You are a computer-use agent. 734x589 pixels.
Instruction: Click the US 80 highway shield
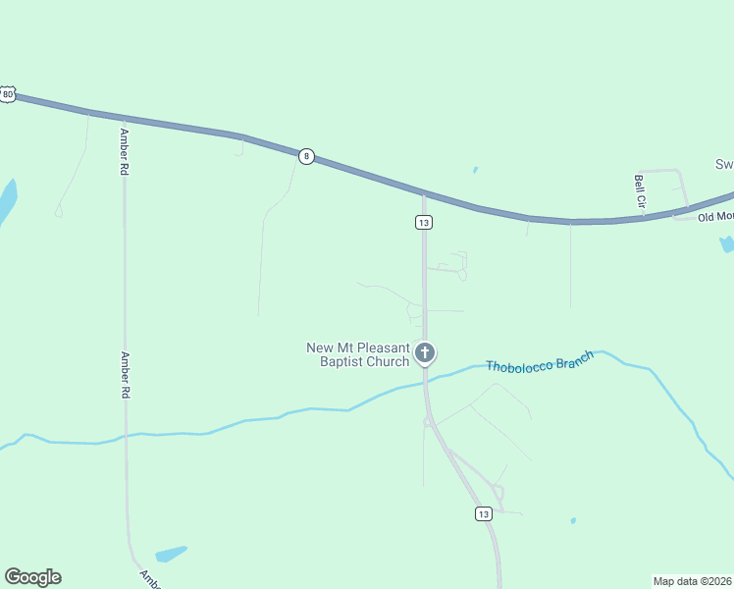pyautogui.click(x=7, y=94)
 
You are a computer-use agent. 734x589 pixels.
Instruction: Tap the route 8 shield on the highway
pyautogui.click(x=306, y=156)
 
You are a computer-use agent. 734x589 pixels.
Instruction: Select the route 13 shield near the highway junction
pyautogui.click(x=423, y=223)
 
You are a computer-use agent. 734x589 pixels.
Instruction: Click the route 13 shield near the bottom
pyautogui.click(x=482, y=513)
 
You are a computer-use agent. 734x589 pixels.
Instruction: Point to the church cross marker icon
pyautogui.click(x=425, y=351)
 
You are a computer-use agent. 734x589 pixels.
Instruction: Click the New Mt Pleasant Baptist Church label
pyautogui.click(x=357, y=354)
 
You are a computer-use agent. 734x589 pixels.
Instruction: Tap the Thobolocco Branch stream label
pyautogui.click(x=540, y=362)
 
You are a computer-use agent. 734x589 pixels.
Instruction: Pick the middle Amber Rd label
pyautogui.click(x=125, y=375)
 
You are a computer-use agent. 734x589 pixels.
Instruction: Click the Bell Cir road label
pyautogui.click(x=640, y=190)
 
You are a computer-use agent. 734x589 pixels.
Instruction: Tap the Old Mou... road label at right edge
pyautogui.click(x=715, y=216)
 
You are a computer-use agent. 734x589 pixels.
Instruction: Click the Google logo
pyautogui.click(x=32, y=577)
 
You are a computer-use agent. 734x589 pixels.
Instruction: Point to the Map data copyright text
pyautogui.click(x=693, y=580)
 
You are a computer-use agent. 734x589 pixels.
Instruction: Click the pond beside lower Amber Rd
pyautogui.click(x=171, y=554)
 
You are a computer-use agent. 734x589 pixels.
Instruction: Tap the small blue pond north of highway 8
pyautogui.click(x=475, y=170)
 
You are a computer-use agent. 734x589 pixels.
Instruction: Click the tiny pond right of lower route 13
pyautogui.click(x=573, y=520)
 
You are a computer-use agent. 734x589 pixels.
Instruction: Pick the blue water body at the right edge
pyautogui.click(x=726, y=242)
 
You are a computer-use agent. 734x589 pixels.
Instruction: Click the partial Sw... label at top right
pyautogui.click(x=723, y=164)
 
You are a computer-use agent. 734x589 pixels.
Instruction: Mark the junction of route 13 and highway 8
pyautogui.click(x=424, y=191)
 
